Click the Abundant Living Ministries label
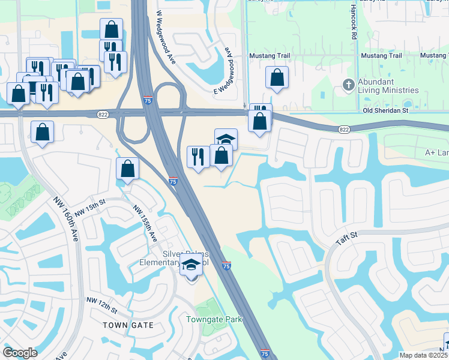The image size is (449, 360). coord(384,86)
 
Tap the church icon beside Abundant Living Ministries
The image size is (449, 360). coord(348,85)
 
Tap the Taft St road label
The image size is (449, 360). coord(346,238)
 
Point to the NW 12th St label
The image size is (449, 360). coord(101,305)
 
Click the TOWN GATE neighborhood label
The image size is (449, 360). coord(128,325)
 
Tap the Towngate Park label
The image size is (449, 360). coord(214,320)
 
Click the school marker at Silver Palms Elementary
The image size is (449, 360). coord(191,264)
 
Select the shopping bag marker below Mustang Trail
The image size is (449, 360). coord(277,77)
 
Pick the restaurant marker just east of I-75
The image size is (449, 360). coord(198,157)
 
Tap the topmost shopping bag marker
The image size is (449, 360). coord(111,28)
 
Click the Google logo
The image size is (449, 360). coord(20,353)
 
